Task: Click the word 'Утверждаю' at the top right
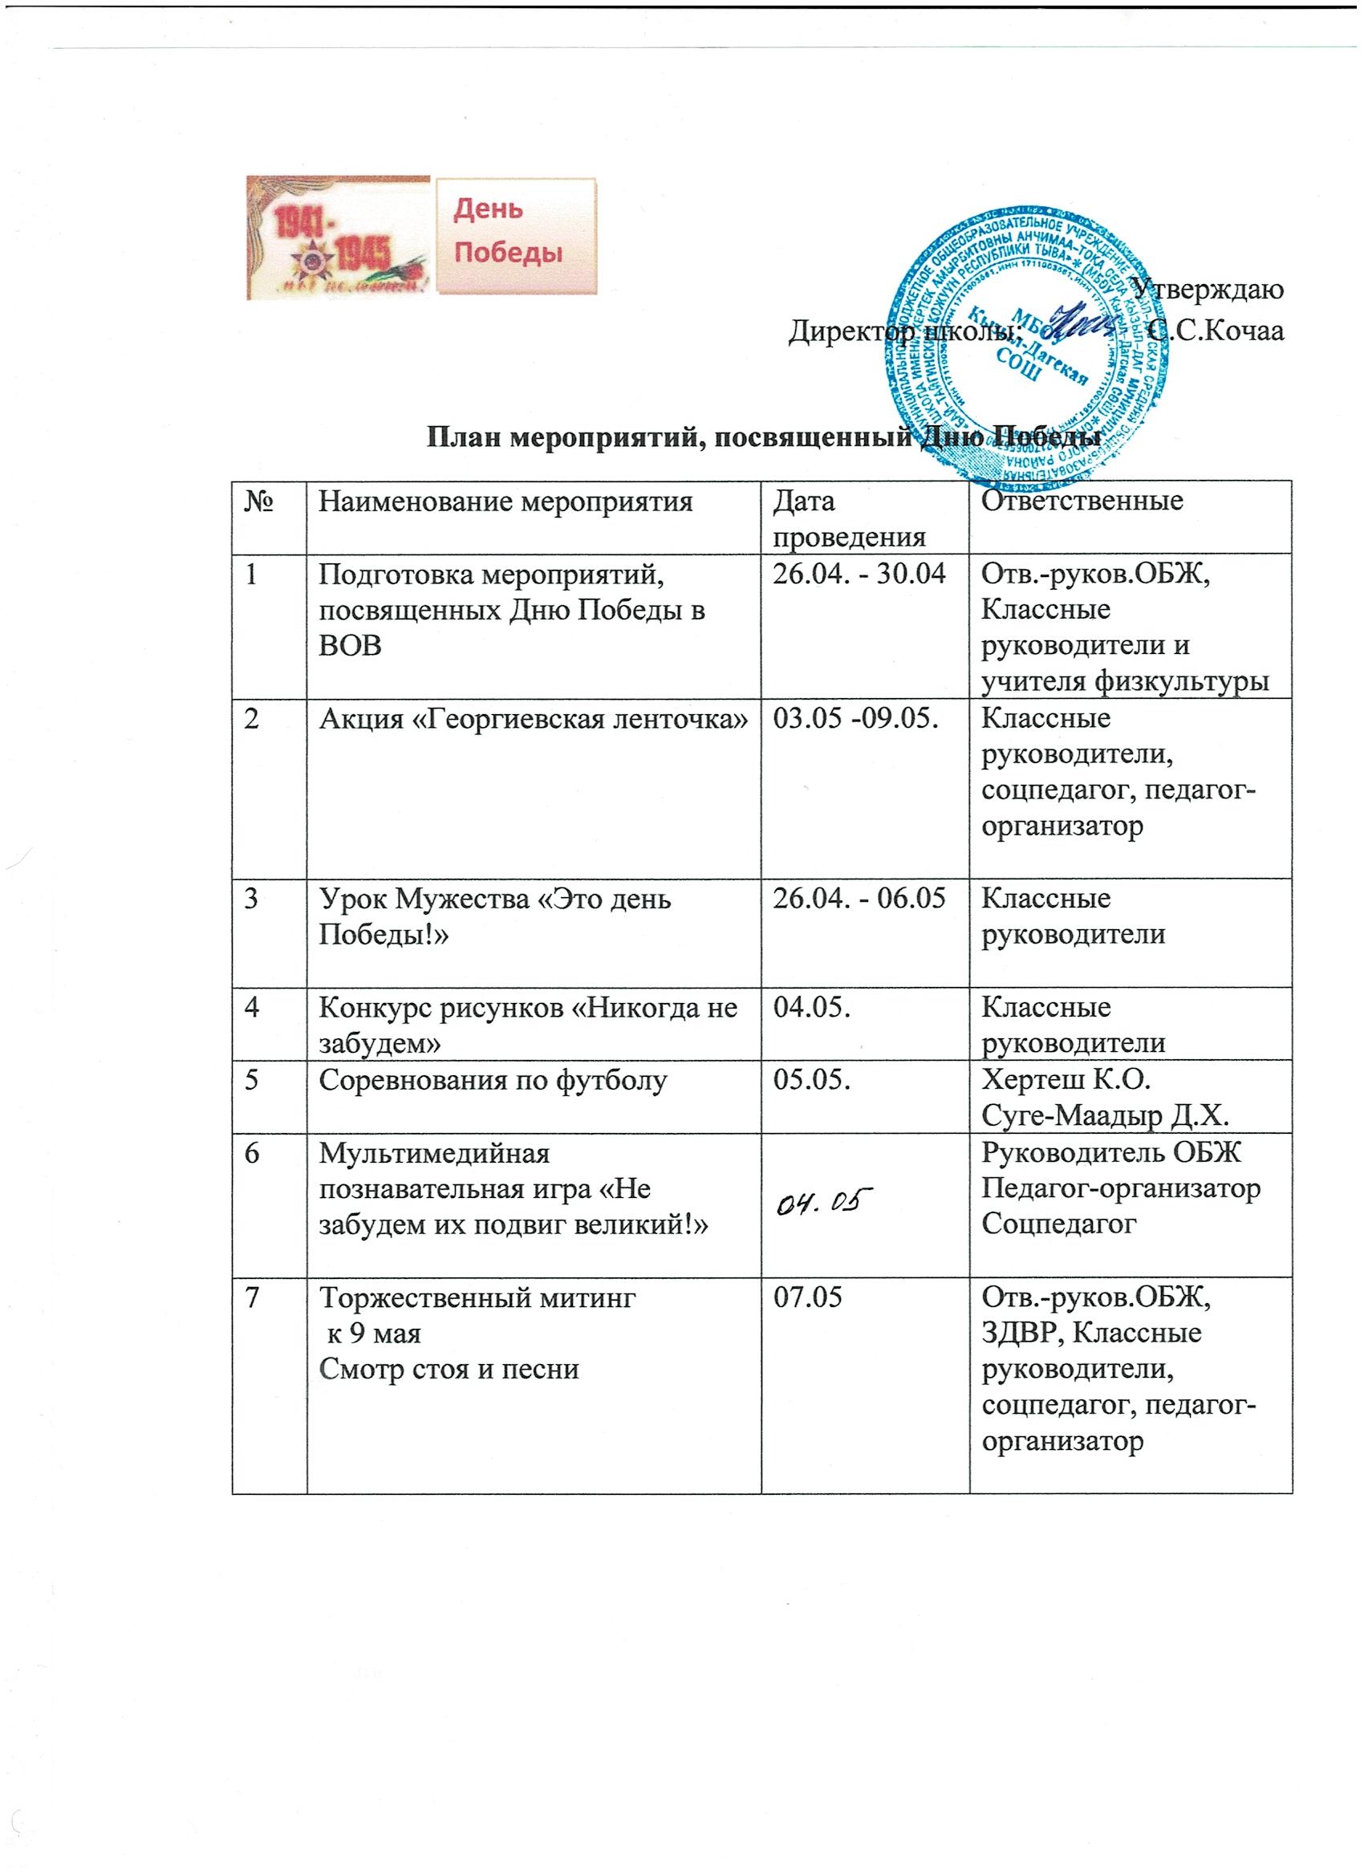point(1208,289)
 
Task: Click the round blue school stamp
point(1028,347)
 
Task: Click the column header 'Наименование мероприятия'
point(505,501)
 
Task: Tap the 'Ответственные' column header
point(1082,501)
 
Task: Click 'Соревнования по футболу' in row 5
point(492,1081)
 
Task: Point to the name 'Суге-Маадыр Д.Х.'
point(1103,1116)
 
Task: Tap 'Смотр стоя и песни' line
point(449,1369)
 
